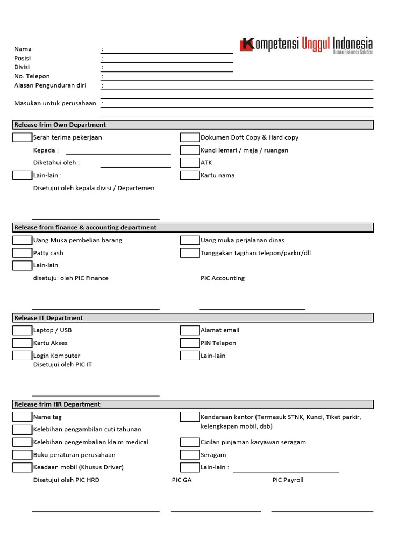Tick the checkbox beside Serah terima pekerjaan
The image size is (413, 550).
tap(22, 137)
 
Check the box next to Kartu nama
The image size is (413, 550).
tap(189, 175)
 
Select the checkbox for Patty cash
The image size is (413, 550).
tap(22, 253)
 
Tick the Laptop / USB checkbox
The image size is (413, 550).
tap(22, 330)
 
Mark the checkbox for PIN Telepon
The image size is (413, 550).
tap(189, 343)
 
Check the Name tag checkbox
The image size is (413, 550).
tap(22, 417)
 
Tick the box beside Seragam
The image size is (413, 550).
tap(189, 454)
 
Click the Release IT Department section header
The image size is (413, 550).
tap(48, 318)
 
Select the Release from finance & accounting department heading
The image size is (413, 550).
tap(85, 228)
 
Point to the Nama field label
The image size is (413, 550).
tap(23, 49)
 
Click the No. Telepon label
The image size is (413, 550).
tap(32, 76)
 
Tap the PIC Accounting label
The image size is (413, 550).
tap(222, 278)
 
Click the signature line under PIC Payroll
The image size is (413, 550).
tap(322, 511)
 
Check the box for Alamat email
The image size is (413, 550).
tap(189, 330)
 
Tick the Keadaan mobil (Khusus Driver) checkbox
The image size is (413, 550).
tap(22, 467)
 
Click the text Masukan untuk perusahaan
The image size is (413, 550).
tap(55, 103)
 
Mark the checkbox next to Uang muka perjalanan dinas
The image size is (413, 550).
tap(189, 240)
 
